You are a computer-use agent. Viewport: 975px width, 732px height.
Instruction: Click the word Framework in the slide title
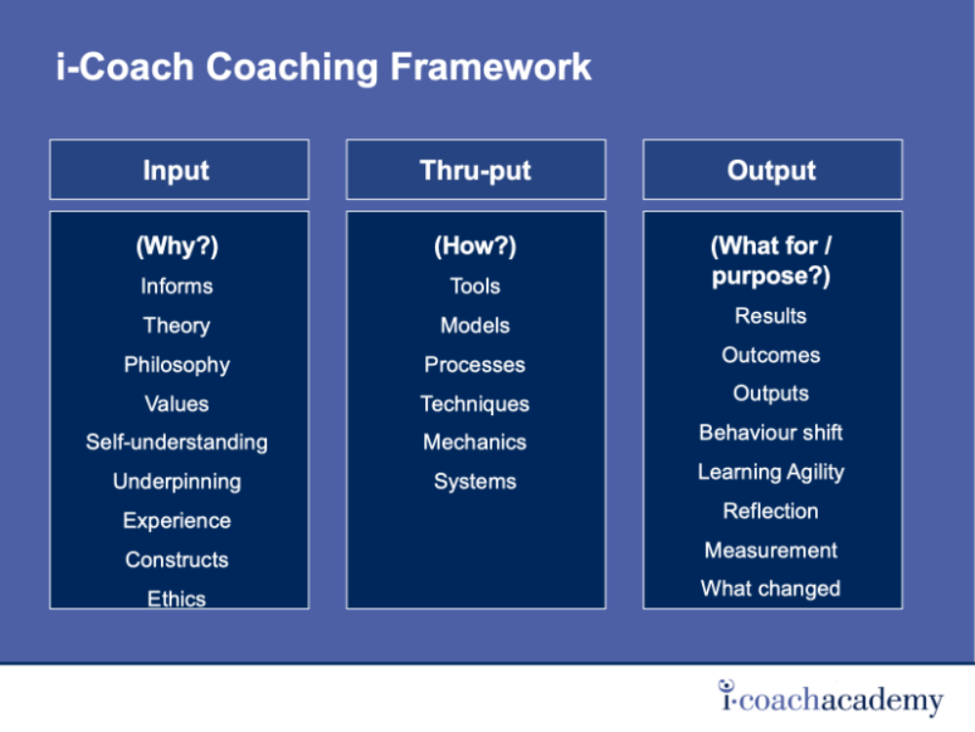coord(490,66)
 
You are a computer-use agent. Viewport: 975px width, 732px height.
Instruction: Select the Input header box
coord(179,170)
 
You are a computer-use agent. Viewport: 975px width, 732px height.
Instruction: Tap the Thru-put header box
coord(476,170)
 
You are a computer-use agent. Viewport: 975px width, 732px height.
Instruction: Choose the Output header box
coord(772,170)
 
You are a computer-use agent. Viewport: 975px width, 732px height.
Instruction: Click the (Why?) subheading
coord(177,246)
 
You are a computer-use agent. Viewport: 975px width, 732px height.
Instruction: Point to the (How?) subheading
coord(475,246)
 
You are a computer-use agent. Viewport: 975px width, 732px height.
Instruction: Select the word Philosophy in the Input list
coord(176,365)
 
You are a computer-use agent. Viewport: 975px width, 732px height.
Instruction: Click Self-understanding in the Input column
coord(176,442)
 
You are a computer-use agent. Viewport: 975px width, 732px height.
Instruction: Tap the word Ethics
coord(176,598)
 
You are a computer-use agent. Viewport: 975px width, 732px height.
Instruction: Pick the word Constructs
coord(176,559)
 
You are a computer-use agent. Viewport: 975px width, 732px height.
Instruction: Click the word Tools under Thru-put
coord(475,286)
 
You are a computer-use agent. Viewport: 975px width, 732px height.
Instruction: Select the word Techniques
coord(475,404)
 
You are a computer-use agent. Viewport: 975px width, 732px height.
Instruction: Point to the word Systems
coord(475,482)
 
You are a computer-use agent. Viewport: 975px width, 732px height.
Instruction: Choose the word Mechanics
coord(475,442)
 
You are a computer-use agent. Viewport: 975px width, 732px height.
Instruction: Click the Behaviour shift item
coord(771,433)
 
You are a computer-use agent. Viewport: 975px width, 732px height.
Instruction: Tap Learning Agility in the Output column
coord(771,473)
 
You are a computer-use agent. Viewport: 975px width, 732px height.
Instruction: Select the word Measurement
coord(771,550)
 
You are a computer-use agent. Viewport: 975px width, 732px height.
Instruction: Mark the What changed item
coord(771,589)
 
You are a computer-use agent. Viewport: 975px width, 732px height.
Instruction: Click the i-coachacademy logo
coord(831,698)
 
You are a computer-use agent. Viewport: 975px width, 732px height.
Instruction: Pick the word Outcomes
coord(771,355)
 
